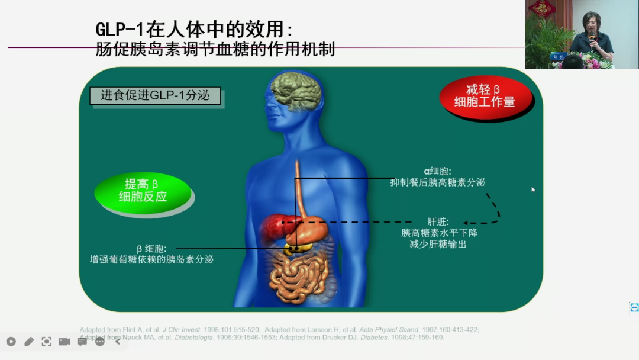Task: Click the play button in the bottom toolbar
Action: click(11, 342)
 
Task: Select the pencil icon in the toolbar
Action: click(29, 342)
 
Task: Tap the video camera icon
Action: click(64, 342)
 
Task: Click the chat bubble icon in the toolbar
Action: click(82, 342)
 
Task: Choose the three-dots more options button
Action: click(99, 342)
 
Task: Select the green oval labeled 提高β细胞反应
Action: click(143, 191)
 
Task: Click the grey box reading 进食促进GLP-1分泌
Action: click(155, 96)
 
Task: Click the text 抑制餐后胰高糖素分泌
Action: click(437, 183)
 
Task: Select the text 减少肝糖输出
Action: click(438, 244)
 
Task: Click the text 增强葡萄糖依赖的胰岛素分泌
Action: click(151, 259)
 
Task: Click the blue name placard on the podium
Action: click(558, 57)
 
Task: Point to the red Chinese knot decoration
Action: click(542, 7)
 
